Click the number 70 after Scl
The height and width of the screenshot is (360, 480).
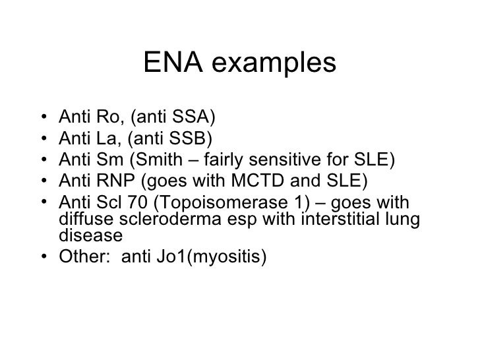[x=128, y=202]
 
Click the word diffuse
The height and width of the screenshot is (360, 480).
[x=81, y=218]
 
